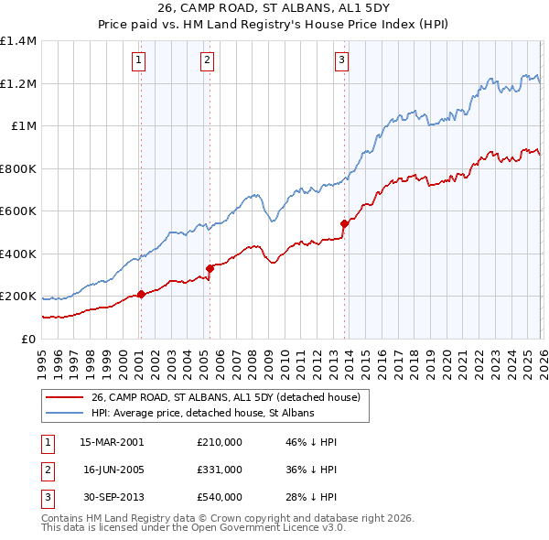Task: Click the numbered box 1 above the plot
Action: point(139,61)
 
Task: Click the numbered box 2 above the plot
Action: point(207,61)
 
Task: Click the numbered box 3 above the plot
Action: point(341,61)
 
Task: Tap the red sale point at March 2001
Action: point(141,294)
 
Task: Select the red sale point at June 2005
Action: point(210,268)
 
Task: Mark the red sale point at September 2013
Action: point(344,223)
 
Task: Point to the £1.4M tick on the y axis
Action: point(18,41)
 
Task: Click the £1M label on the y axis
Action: point(23,126)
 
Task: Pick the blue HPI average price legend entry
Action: point(202,413)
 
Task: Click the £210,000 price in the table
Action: point(220,441)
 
